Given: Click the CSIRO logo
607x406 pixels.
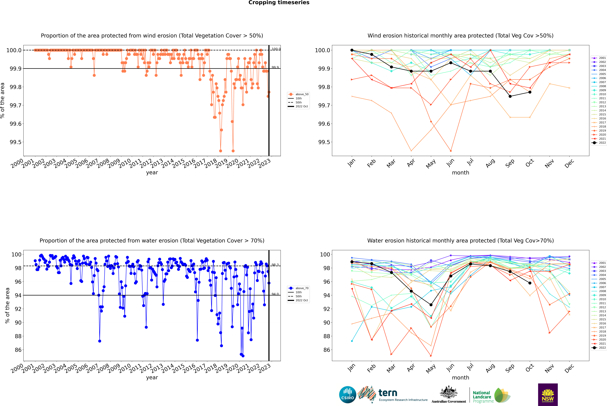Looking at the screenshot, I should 348,395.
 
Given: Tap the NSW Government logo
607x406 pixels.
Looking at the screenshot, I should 548,395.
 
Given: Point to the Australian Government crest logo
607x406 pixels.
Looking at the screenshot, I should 449,395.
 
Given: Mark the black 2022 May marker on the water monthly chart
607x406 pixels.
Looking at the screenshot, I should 431,305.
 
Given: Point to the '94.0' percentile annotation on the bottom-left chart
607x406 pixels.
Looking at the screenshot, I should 275,294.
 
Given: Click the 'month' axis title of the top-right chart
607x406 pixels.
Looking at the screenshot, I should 460,173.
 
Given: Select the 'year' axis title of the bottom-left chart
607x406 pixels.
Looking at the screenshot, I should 152,378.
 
